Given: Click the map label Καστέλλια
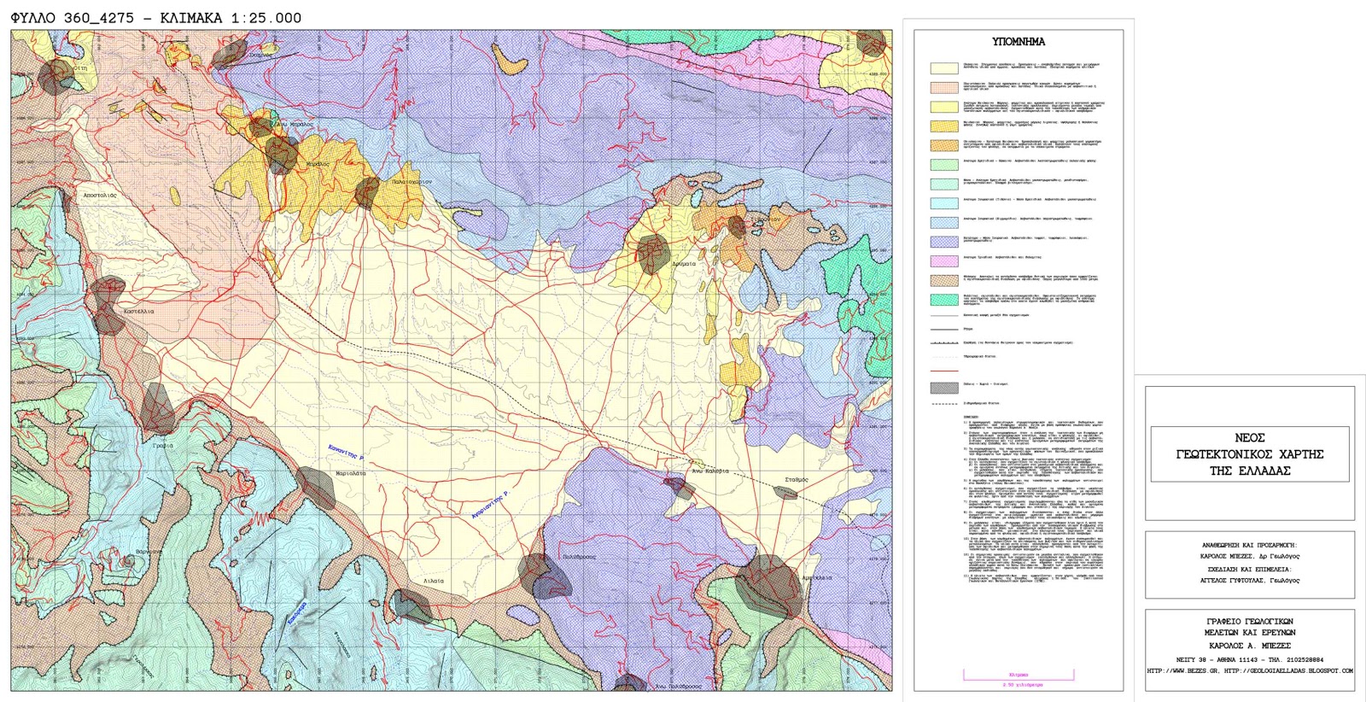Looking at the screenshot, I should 138,312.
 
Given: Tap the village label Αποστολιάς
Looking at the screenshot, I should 99,196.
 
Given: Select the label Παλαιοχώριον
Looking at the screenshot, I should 412,182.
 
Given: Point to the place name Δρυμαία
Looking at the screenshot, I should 683,264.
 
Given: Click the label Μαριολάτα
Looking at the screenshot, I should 351,473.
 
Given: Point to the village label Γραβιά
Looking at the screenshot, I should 162,445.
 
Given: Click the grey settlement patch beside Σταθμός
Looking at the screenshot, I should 786,494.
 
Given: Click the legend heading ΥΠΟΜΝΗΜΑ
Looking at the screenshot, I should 1018,42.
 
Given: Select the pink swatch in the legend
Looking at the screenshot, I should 944,260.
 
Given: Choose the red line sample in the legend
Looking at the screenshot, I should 944,371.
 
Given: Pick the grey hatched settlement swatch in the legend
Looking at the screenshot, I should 944,388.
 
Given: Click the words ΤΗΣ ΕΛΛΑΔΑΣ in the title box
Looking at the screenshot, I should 1249,471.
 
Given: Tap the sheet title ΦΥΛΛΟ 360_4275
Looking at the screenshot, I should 75,18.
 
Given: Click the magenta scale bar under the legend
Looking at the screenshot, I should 1018,677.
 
